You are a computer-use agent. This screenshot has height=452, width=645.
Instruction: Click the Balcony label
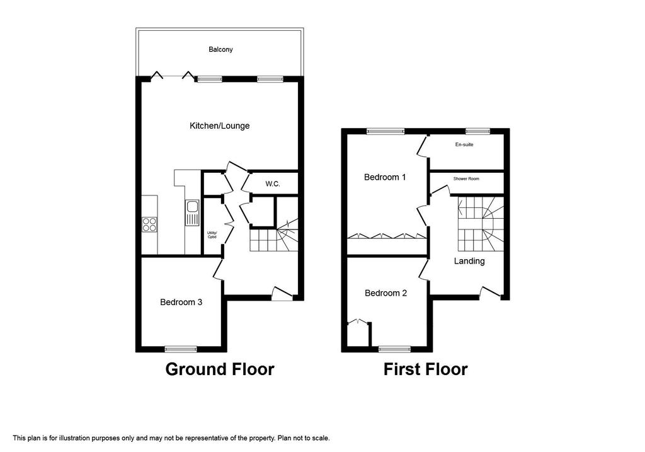tap(220, 49)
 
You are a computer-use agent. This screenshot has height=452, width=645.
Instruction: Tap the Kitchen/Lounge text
tap(220, 125)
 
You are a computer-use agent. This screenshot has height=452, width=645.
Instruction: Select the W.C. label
tap(272, 184)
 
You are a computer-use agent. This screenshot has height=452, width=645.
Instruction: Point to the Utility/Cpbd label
tap(212, 235)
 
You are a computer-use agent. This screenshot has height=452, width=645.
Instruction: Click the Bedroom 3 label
tap(181, 302)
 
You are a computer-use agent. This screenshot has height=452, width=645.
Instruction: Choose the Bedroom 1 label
tap(385, 177)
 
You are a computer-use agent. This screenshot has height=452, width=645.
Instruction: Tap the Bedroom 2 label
tap(386, 293)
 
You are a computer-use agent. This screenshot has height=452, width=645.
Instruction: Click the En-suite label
tap(464, 144)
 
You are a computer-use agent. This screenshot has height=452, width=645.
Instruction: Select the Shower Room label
tap(466, 178)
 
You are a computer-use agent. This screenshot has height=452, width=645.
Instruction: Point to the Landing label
tap(469, 261)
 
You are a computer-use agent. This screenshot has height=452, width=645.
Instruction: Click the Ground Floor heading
tap(220, 369)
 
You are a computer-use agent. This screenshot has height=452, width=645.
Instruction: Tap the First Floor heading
tap(425, 369)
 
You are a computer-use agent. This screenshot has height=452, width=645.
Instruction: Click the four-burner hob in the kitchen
tap(149, 224)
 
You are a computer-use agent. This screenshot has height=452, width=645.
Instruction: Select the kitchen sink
tap(192, 212)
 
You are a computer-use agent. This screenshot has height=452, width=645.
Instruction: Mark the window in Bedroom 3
tap(181, 349)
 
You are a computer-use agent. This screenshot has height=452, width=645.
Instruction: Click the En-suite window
tap(477, 131)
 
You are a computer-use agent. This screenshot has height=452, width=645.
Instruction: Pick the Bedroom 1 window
tap(385, 131)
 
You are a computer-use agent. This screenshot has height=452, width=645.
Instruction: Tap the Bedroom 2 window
tap(394, 349)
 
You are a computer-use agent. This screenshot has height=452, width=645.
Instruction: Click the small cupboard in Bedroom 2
tap(358, 334)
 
